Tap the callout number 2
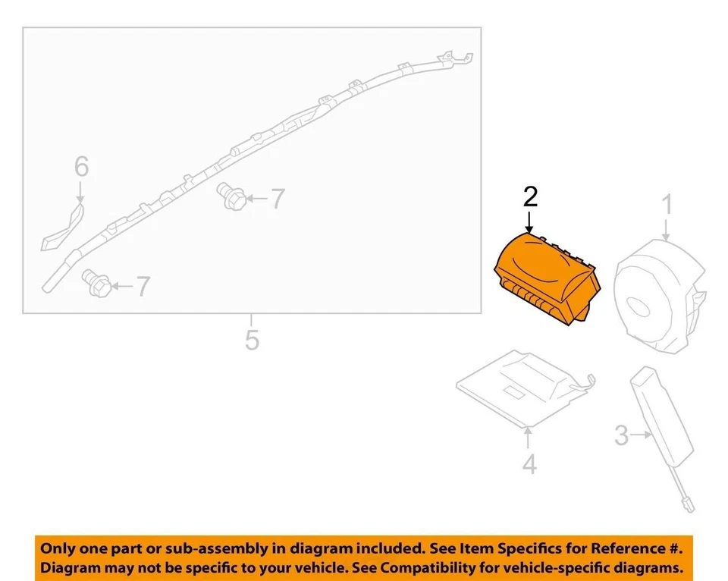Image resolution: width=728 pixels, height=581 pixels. [x=530, y=197]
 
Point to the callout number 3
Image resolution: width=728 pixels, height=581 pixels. [x=621, y=435]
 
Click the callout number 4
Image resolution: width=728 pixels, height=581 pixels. [x=529, y=463]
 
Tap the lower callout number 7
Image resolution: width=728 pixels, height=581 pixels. [x=143, y=286]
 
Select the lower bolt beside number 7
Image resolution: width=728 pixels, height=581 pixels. [x=96, y=283]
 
